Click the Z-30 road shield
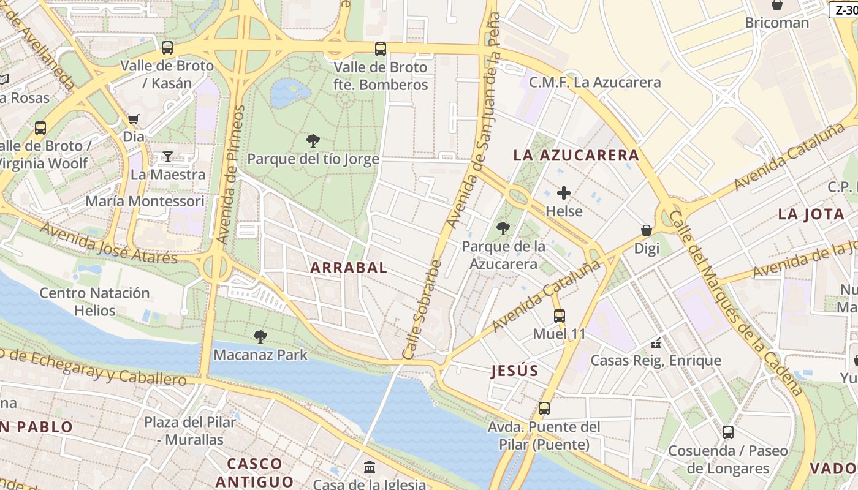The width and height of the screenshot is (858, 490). (x=843, y=10)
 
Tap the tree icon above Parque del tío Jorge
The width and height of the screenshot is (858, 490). (x=313, y=141)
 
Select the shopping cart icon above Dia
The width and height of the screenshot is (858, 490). (x=133, y=119)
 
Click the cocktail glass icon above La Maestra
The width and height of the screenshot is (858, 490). (x=167, y=157)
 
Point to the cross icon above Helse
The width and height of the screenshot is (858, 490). (x=564, y=193)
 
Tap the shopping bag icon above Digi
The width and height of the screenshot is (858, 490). (x=647, y=230)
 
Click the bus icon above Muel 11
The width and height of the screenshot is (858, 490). (x=560, y=316)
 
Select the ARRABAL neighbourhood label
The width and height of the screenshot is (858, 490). (x=349, y=268)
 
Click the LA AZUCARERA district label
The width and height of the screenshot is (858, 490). (x=576, y=156)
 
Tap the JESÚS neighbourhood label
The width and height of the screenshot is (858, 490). (x=515, y=371)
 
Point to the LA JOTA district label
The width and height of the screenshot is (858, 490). (x=811, y=214)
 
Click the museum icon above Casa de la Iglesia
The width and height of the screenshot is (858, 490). (x=370, y=467)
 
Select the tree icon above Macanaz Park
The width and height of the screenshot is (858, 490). (x=260, y=336)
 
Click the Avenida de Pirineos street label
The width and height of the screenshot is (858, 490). (x=230, y=175)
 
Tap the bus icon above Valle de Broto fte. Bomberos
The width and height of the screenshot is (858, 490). (x=381, y=48)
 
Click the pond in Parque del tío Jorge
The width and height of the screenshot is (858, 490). (x=289, y=92)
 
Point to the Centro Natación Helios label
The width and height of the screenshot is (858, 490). (x=95, y=301)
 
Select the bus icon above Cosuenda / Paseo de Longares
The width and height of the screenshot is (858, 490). (x=728, y=432)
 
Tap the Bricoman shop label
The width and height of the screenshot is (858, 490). (x=776, y=23)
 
